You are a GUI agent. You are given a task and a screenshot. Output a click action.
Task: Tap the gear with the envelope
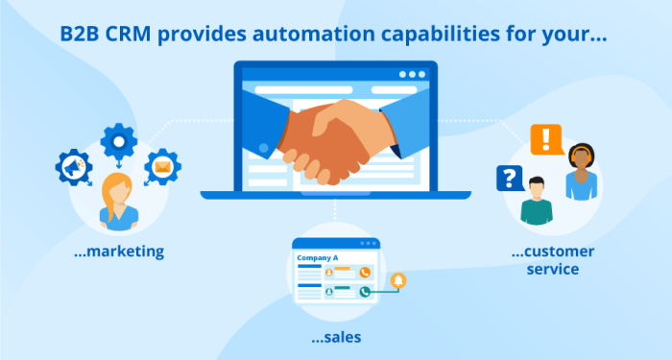[x=161, y=167]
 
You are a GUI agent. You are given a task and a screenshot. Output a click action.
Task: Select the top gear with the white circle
[x=118, y=141]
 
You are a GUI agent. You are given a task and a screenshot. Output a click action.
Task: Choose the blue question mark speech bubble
[x=509, y=178]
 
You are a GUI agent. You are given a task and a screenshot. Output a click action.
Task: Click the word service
[x=553, y=269]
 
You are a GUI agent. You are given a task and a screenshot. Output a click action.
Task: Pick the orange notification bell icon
[x=398, y=280]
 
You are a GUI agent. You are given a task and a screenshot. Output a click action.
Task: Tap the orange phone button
[x=365, y=272]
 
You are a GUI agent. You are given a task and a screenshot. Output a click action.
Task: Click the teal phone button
[x=365, y=293]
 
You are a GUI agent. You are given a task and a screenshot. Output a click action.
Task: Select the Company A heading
[x=318, y=258]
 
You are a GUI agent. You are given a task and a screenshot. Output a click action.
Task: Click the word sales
[x=336, y=338]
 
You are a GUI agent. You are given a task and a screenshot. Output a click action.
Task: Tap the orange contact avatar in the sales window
[x=329, y=272]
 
